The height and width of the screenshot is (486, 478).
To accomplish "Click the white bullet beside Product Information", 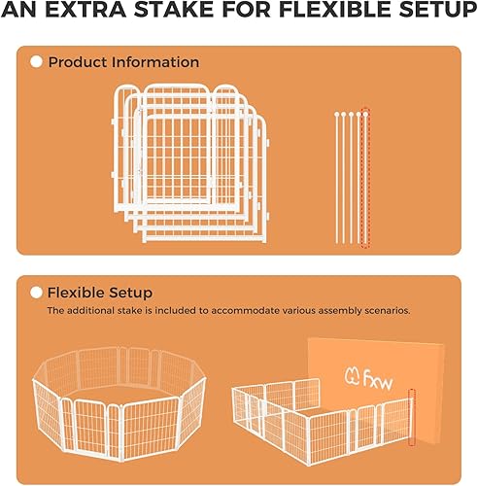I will [x=37, y=62].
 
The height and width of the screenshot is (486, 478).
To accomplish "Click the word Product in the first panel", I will [x=78, y=62].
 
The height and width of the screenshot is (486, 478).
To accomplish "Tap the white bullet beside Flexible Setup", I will [x=37, y=292].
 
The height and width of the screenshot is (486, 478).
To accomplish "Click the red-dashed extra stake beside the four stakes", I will [x=365, y=177].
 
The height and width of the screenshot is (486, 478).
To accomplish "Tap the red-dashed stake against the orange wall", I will [x=411, y=418].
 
